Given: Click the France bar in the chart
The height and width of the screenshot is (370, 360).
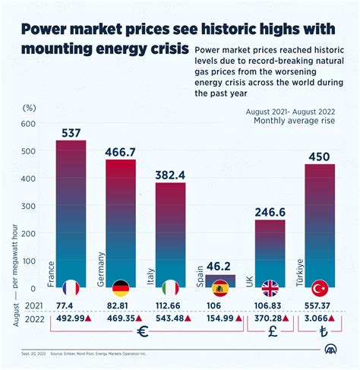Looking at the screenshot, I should point(71,205).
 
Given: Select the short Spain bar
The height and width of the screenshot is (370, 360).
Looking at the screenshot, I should point(220,279).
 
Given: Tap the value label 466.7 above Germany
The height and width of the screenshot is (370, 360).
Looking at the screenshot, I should point(120,152).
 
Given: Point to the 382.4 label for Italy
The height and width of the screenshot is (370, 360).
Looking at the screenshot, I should point(170,175).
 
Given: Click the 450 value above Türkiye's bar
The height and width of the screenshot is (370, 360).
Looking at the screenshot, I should point(319,157).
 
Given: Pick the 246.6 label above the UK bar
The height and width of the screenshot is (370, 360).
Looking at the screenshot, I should point(270,212).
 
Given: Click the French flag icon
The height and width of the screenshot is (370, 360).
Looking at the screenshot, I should point(71,288).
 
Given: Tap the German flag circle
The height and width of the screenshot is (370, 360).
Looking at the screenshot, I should point(120,288).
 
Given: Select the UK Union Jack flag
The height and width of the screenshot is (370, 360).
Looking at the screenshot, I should point(270,288).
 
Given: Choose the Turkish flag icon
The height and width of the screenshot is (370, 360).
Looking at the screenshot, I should point(320,288).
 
